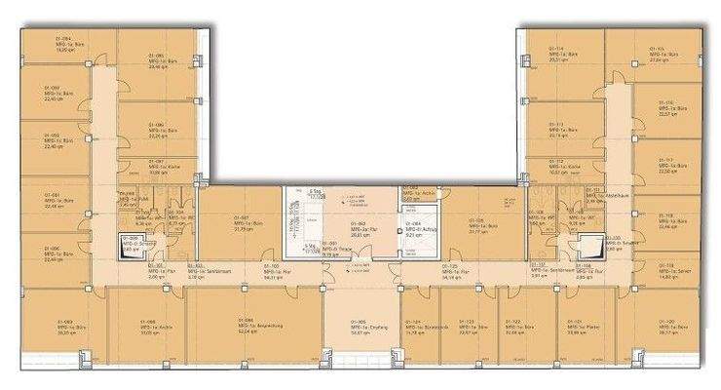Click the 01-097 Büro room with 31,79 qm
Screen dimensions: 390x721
point(244,223)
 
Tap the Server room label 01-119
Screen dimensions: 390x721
point(666,270)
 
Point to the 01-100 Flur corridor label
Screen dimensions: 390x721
point(274,270)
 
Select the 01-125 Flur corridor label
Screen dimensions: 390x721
point(451,270)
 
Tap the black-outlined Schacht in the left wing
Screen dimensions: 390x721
point(130,245)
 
